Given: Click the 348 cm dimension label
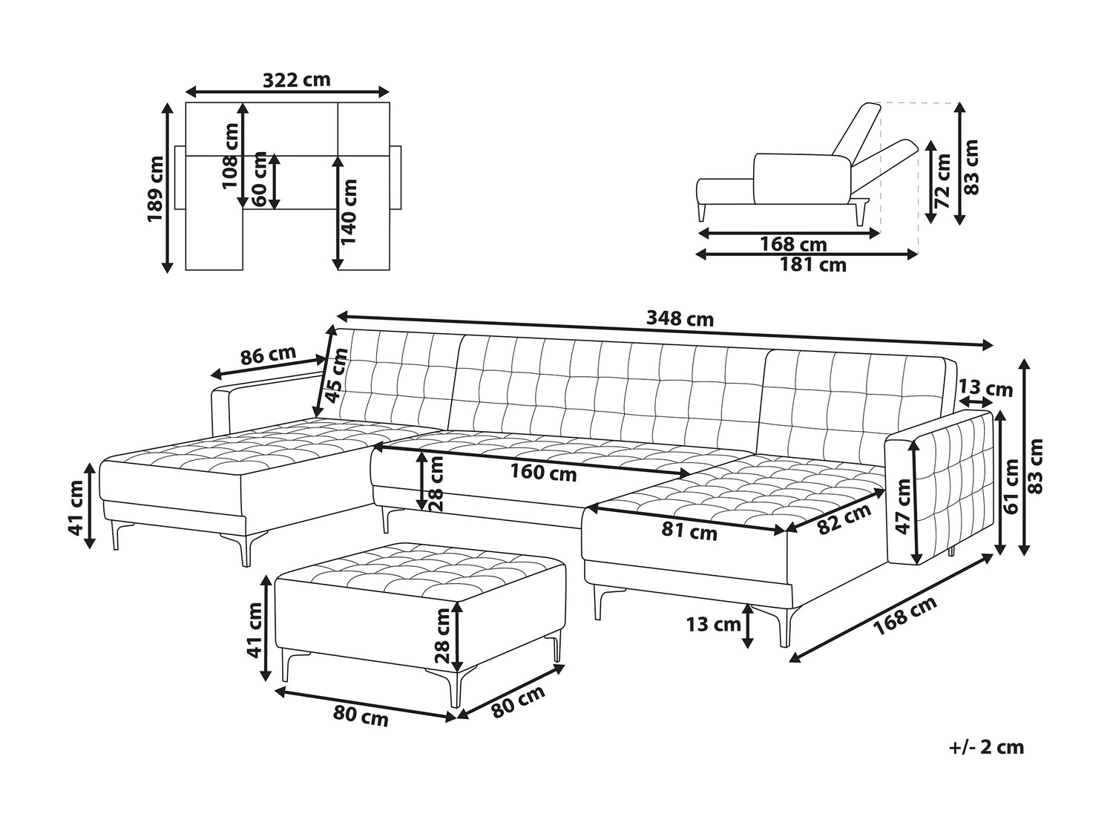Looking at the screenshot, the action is [x=680, y=319].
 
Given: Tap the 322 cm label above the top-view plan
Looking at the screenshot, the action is [x=297, y=79].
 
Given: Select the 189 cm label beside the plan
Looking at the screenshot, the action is [x=155, y=188].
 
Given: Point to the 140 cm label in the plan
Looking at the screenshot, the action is [x=349, y=212].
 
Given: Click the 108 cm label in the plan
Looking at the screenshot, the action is [x=231, y=156].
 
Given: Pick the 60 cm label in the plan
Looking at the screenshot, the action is [x=259, y=180].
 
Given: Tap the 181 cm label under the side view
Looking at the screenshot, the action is [x=812, y=265].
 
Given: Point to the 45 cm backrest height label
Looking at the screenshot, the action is [x=337, y=375].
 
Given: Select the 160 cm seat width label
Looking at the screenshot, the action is [x=543, y=473].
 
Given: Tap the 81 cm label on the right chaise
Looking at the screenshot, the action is [x=689, y=531].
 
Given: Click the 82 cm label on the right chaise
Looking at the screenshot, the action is [x=844, y=519].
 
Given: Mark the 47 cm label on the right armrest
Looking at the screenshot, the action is [x=903, y=507].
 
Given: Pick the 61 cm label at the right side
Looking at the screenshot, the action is [x=1012, y=487].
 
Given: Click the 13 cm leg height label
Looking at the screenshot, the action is [x=714, y=624].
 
